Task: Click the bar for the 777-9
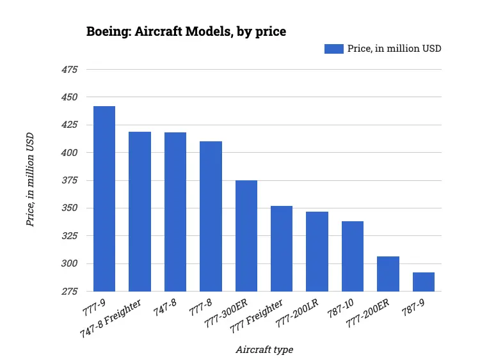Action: pos(104,199)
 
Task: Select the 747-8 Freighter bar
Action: pos(140,212)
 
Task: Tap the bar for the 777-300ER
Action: pos(246,236)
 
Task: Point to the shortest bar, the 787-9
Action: pos(424,282)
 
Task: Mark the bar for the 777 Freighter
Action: pos(282,249)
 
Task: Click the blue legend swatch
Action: pos(333,49)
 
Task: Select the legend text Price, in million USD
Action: pos(394,49)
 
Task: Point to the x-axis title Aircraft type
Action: pos(264,349)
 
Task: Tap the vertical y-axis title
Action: pos(29,180)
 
